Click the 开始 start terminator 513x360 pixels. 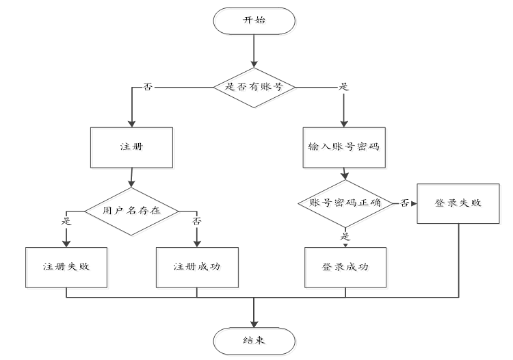point(254,21)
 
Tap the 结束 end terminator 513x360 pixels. point(254,339)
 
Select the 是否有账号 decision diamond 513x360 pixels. point(254,87)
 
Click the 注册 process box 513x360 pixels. point(129,146)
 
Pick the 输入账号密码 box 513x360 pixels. point(344,146)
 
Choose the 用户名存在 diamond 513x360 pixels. point(131,210)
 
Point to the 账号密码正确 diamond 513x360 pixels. point(345,203)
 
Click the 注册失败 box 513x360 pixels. point(66,266)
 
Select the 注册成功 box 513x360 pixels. point(197,266)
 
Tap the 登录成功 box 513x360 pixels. point(345,266)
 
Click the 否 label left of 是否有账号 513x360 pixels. point(147,87)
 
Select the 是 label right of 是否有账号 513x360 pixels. point(344,87)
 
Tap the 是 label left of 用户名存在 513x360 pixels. point(66,222)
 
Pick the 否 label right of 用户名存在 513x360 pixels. point(197,222)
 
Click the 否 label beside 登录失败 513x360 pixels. point(405,203)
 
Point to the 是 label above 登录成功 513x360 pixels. point(345,235)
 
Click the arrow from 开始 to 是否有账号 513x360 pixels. point(254,51)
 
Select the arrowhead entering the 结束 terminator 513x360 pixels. point(254,322)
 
